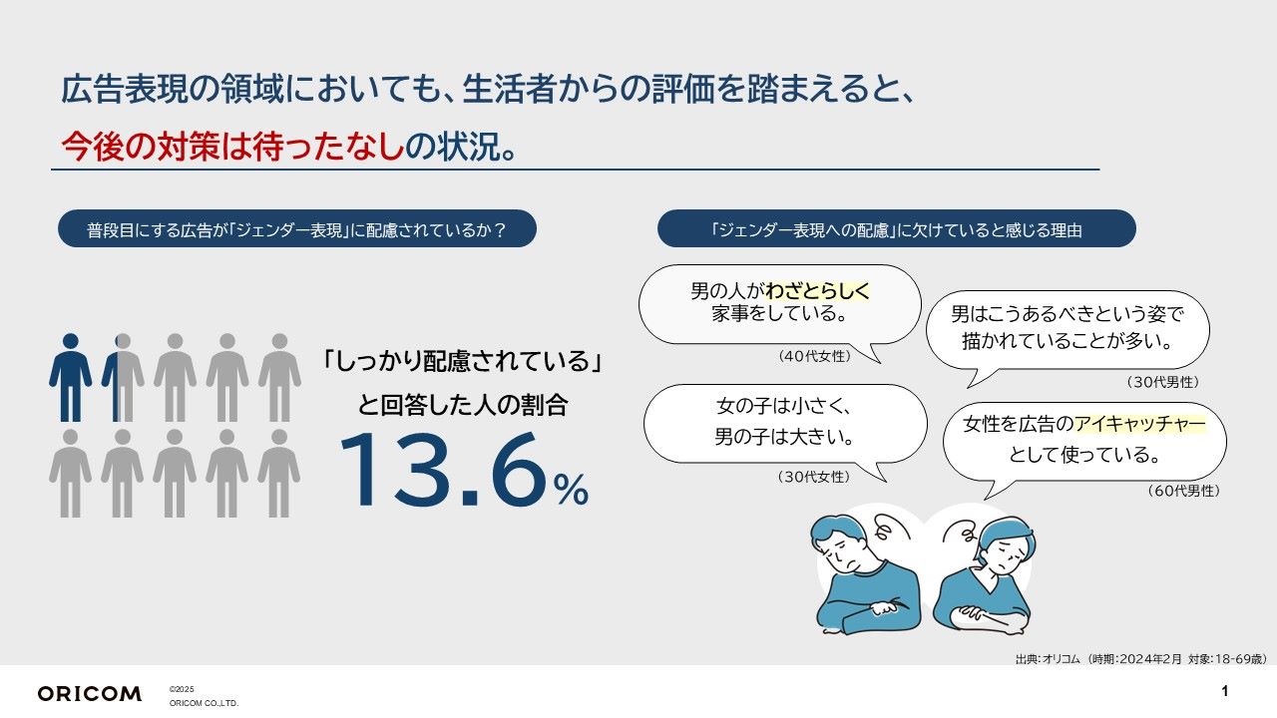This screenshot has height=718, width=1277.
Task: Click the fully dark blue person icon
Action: pyautogui.click(x=70, y=377)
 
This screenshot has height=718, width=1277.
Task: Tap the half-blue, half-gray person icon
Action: pyautogui.click(x=123, y=377)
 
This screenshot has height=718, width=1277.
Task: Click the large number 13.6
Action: pyautogui.click(x=443, y=471)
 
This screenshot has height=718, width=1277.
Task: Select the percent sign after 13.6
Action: pyautogui.click(x=571, y=490)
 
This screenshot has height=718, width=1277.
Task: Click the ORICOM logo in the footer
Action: pyautogui.click(x=89, y=693)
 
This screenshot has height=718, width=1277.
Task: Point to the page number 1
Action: pyautogui.click(x=1224, y=691)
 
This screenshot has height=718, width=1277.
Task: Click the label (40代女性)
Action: pyautogui.click(x=814, y=356)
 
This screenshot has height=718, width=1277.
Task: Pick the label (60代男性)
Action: pyautogui.click(x=1183, y=491)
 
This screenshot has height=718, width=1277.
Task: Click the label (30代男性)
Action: pyautogui.click(x=1162, y=382)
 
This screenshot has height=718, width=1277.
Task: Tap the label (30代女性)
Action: pyautogui.click(x=814, y=477)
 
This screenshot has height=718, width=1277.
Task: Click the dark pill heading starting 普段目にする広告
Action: pyautogui.click(x=297, y=229)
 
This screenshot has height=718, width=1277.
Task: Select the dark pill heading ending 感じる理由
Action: pyautogui.click(x=896, y=229)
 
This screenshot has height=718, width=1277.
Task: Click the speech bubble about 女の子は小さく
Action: pyautogui.click(x=786, y=423)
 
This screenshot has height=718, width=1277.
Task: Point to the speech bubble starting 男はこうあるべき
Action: pyautogui.click(x=1066, y=328)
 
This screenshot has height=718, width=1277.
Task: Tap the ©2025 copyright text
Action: pyautogui.click(x=182, y=689)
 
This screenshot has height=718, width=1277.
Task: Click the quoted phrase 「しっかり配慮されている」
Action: pyautogui.click(x=462, y=360)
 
